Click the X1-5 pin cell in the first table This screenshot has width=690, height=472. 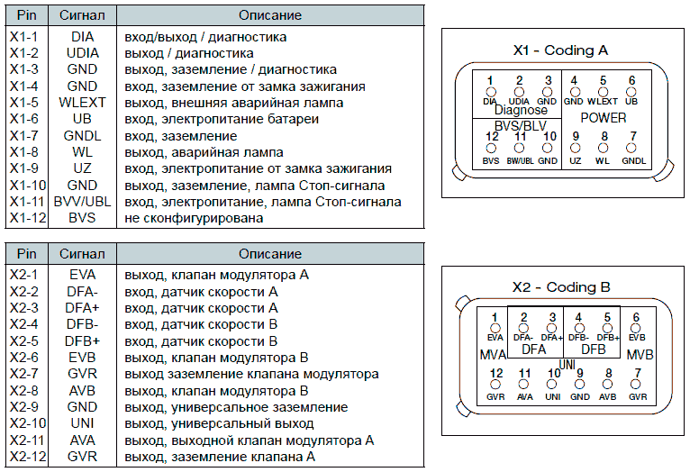tap(24, 103)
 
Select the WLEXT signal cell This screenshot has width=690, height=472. tap(82, 103)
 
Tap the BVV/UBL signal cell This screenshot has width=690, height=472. tap(82, 202)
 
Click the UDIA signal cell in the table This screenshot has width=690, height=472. tap(82, 54)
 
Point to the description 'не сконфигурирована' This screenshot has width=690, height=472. tap(194, 218)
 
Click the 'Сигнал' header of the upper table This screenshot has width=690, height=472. tap(82, 16)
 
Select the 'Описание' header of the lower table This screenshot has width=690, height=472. tap(270, 255)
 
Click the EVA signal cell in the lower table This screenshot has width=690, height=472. tap(82, 275)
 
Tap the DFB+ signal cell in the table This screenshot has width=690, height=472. tap(82, 341)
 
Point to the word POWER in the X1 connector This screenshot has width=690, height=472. tap(604, 117)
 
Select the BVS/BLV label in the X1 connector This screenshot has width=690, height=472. tap(521, 124)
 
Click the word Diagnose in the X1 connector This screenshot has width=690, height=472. tap(521, 110)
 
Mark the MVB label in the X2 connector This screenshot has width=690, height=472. tap(640, 353)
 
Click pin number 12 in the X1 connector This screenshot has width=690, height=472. tap(491, 136)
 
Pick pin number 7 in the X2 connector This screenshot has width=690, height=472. tap(637, 373)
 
